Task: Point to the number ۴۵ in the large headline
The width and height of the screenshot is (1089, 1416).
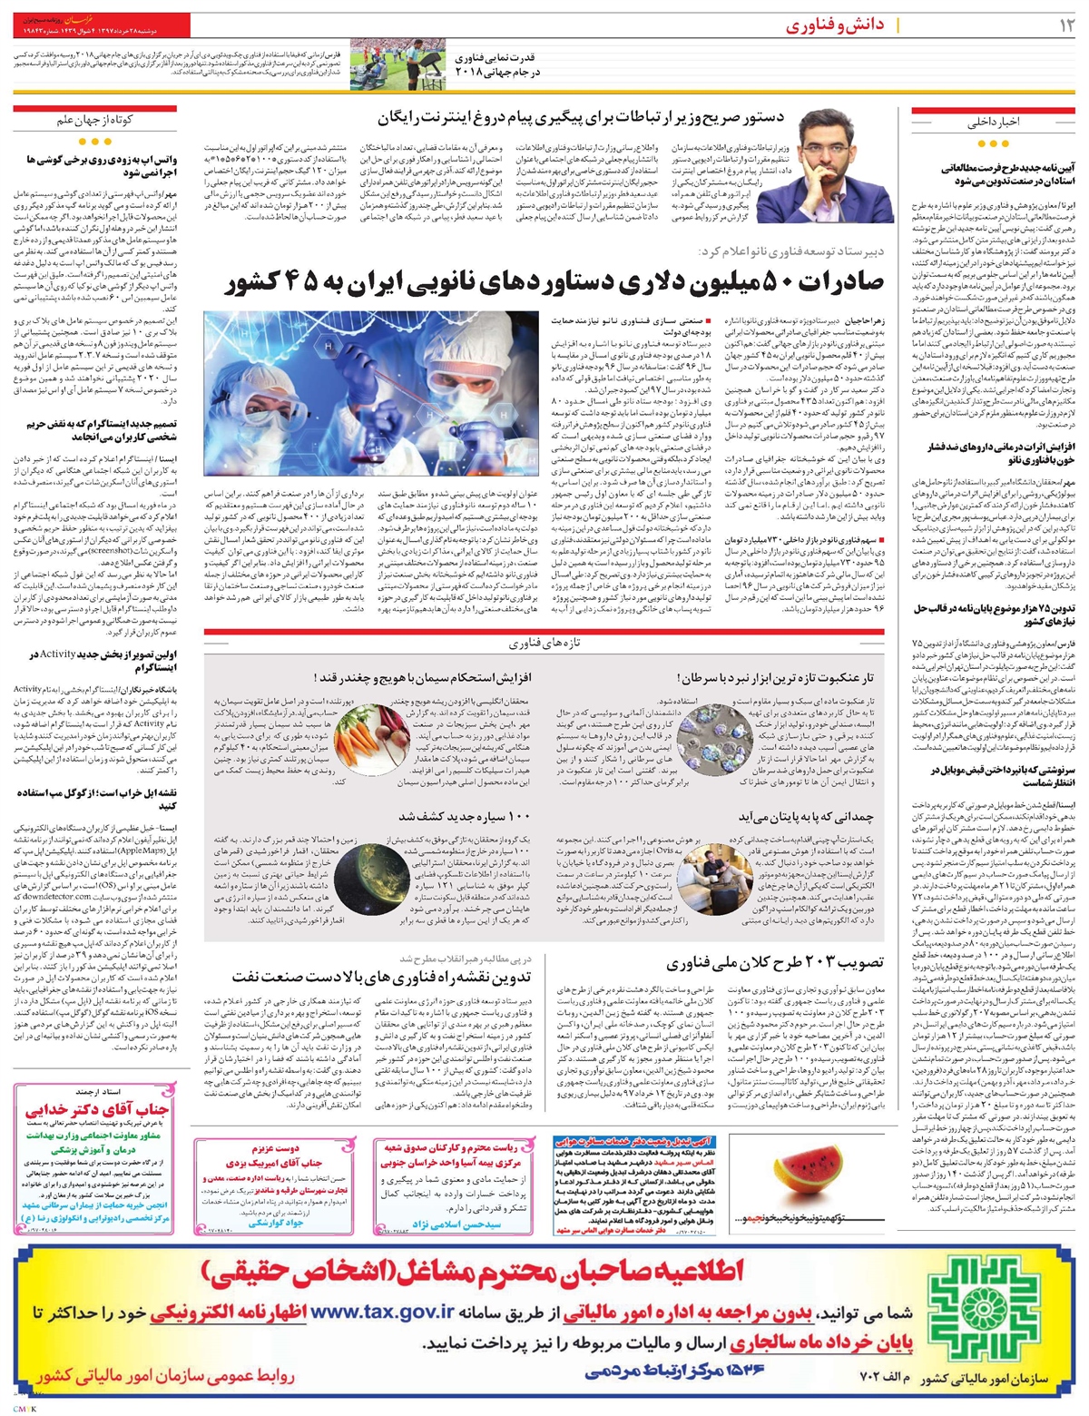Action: click(x=299, y=284)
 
